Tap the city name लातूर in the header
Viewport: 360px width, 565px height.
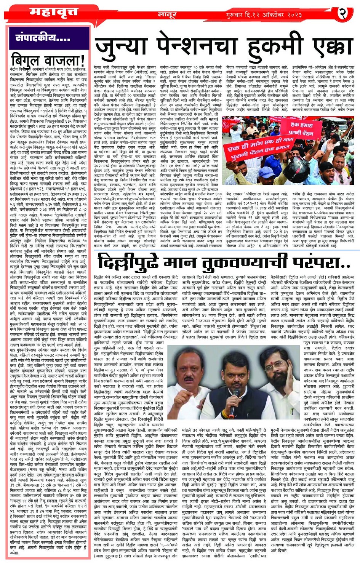coord(168,15)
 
